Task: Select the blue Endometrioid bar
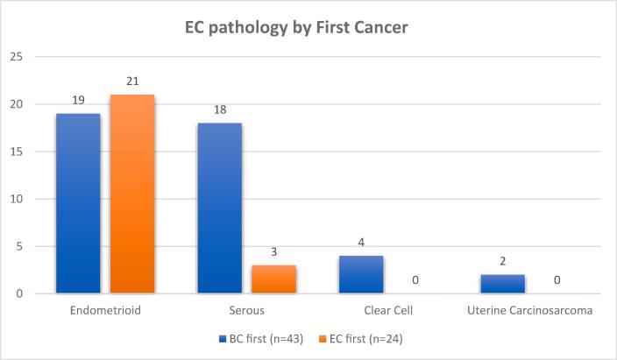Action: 77,203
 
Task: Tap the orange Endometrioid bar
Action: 131,194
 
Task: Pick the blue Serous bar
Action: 219,208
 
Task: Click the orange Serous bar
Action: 273,279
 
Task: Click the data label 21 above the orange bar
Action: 131,81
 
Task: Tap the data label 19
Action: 77,101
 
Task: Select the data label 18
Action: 219,110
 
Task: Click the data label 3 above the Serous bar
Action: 273,252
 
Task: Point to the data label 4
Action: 361,243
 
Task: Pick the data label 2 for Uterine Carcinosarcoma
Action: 503,262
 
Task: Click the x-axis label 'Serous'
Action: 246,309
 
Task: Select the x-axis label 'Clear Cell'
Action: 388,309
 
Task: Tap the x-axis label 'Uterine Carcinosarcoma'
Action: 530,309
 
